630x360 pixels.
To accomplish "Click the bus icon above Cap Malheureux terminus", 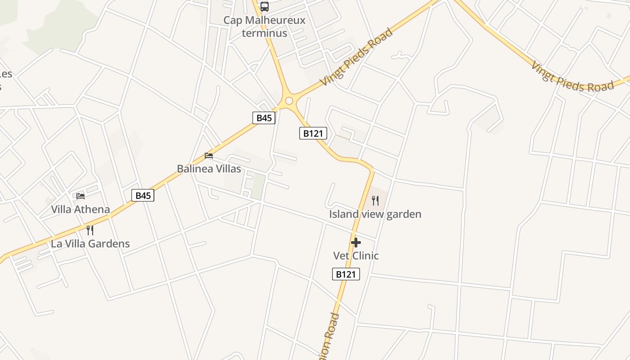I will click(x=265, y=7).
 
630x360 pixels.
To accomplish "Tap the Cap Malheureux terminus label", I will click(x=265, y=27).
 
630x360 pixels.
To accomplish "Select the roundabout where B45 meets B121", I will click(x=289, y=101).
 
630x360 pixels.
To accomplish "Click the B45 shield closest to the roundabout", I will click(x=264, y=118).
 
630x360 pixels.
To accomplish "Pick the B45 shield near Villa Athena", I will click(x=143, y=195).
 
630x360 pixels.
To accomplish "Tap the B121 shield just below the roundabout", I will click(x=313, y=133).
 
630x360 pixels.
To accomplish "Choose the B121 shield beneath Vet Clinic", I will click(x=346, y=274).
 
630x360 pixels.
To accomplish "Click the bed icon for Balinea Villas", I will click(x=209, y=156).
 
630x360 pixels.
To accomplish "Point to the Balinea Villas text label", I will click(x=209, y=169).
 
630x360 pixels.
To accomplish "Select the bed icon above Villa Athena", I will click(x=81, y=196).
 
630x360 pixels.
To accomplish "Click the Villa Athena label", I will click(x=80, y=209).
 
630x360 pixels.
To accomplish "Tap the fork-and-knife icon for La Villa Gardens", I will click(x=90, y=230).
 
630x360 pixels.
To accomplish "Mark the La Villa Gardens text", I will click(x=90, y=244).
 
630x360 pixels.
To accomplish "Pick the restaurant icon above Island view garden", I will click(x=375, y=200).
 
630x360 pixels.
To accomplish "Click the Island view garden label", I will click(x=375, y=214).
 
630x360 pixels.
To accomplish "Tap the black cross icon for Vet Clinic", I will click(x=356, y=243).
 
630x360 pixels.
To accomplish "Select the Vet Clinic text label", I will click(x=356, y=256).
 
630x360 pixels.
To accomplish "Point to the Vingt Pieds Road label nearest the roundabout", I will click(x=356, y=57).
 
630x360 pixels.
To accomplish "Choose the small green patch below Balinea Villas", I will click(x=258, y=186).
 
